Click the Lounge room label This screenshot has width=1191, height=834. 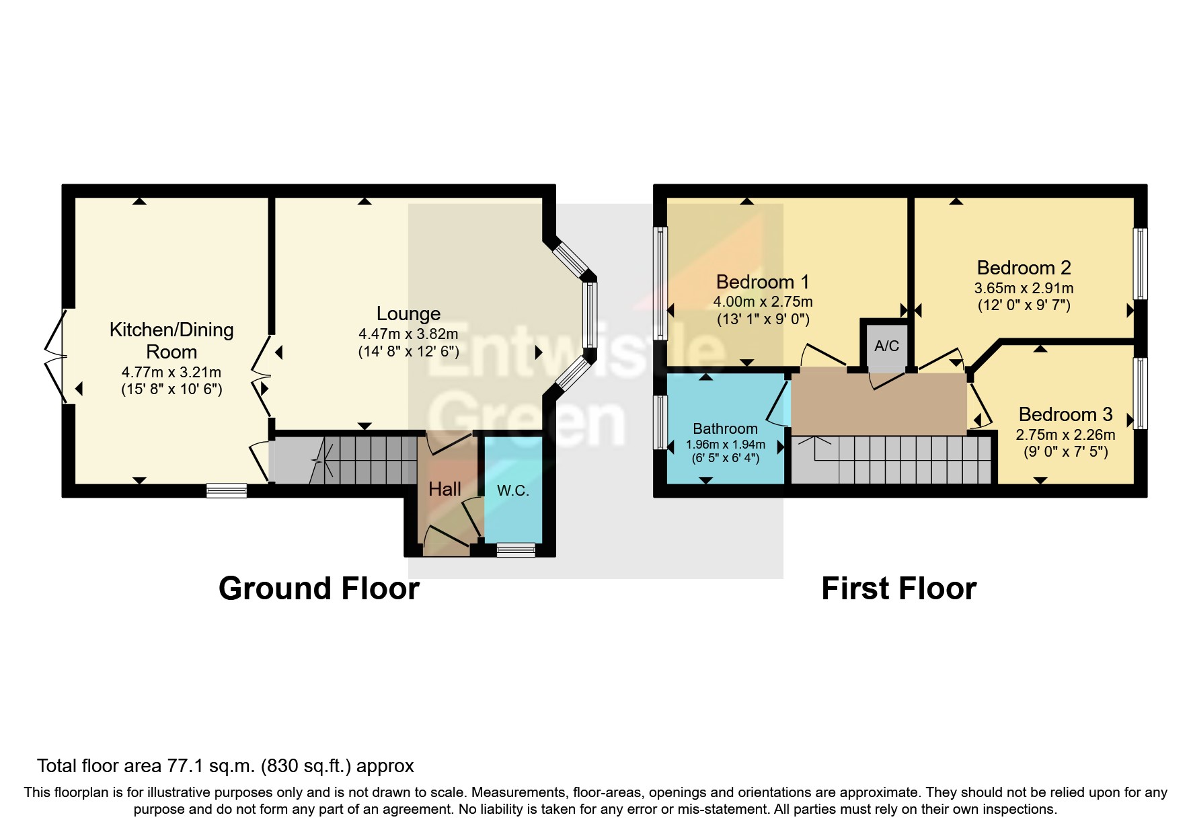click(x=408, y=313)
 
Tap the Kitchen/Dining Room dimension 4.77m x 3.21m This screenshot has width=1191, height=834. click(x=171, y=372)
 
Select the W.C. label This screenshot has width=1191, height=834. click(x=512, y=491)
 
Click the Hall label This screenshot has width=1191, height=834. click(x=445, y=489)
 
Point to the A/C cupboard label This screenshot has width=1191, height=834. click(x=886, y=346)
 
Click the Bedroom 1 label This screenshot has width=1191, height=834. click(x=762, y=282)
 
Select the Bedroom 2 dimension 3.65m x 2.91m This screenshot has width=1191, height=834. click(x=1023, y=288)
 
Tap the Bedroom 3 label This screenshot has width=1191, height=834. click(x=1065, y=414)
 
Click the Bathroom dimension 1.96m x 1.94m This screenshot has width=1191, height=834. click(x=725, y=445)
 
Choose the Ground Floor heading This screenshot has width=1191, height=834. click(x=319, y=589)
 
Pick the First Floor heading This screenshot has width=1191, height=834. click(x=898, y=589)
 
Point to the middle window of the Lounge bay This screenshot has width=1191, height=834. click(x=590, y=314)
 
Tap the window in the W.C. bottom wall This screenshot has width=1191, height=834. click(x=516, y=551)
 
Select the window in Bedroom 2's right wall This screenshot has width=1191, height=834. click(x=1140, y=264)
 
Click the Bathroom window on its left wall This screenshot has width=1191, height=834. click(x=661, y=422)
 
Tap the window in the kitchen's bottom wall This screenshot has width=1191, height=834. click(x=227, y=491)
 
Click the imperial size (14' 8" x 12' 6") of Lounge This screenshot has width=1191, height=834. click(x=408, y=351)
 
